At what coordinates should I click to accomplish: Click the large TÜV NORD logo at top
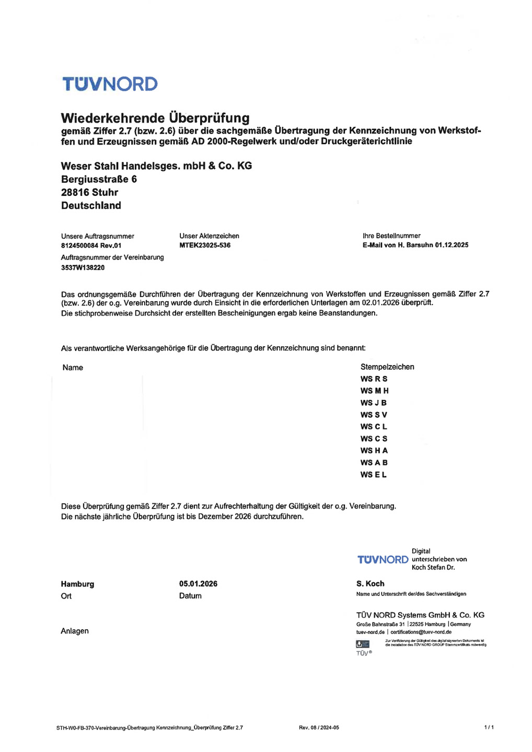tap(110, 84)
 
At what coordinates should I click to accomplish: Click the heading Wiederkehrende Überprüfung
tap(155, 118)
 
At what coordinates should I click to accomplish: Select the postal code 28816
tap(75, 192)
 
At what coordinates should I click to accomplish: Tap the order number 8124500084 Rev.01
tap(91, 245)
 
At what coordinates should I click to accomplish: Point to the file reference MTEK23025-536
tap(205, 245)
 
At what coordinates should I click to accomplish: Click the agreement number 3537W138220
tap(83, 267)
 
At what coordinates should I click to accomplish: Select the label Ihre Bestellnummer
tap(391, 236)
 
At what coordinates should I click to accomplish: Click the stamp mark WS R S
tap(374, 379)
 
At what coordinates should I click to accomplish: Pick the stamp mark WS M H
tap(374, 391)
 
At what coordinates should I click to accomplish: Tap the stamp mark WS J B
tap(373, 403)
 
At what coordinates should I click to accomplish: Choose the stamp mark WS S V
tap(374, 415)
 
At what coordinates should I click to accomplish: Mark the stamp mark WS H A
tap(374, 451)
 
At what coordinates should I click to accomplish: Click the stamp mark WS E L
tap(373, 475)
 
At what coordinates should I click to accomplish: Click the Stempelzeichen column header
tap(387, 367)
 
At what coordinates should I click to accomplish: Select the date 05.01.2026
tap(198, 584)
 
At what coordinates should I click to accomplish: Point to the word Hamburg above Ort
tap(77, 584)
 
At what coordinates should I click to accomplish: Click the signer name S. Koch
tap(370, 584)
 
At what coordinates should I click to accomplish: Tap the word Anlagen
tap(75, 631)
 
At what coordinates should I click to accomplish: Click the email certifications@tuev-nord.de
tap(421, 632)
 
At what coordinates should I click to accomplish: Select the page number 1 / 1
tap(489, 727)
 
